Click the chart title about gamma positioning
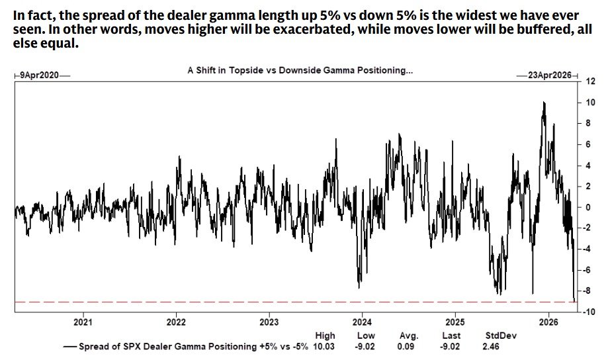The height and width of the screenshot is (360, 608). (300, 69)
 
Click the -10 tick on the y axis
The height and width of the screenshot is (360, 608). (586, 312)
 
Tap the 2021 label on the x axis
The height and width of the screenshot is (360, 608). (83, 322)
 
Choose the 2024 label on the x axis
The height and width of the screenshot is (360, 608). (361, 322)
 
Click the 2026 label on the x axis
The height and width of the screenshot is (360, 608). (546, 322)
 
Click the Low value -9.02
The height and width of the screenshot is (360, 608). (366, 345)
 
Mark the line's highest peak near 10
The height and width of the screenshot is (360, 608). (543, 103)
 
